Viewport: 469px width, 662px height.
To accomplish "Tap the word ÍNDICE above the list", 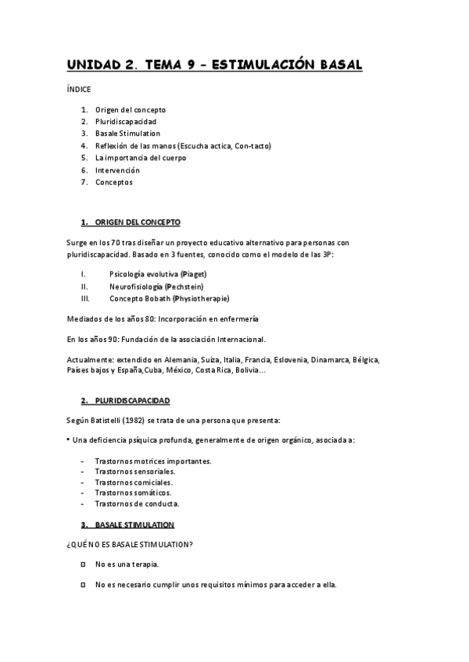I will (79, 90).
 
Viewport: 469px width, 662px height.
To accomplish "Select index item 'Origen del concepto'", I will (131, 110).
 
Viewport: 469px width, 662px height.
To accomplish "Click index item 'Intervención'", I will (117, 170).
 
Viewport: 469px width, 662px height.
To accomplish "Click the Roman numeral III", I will (85, 299).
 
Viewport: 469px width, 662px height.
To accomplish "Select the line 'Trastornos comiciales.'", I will (134, 482).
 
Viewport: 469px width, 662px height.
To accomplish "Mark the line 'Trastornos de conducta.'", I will (137, 504).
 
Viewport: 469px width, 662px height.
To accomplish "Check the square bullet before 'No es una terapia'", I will (83, 564).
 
